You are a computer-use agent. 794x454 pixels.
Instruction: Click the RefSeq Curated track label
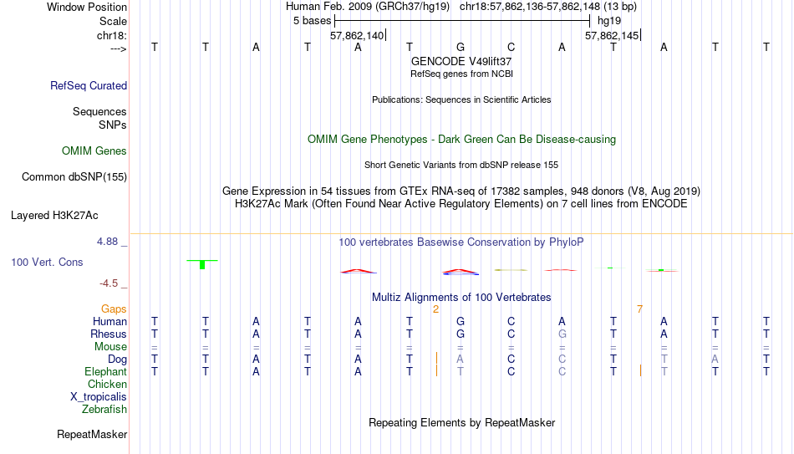(x=89, y=85)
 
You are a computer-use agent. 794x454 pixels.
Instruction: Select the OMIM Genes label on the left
(x=94, y=151)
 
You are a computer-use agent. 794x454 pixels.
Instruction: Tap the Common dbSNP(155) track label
(x=74, y=177)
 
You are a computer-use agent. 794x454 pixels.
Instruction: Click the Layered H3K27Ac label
(x=54, y=216)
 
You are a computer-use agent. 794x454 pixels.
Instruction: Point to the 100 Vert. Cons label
(x=47, y=262)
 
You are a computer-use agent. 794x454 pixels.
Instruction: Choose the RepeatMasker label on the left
(x=92, y=434)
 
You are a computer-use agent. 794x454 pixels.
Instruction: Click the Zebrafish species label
(x=104, y=409)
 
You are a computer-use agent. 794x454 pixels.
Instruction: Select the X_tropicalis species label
(x=99, y=397)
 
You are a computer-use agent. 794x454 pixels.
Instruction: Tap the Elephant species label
(x=105, y=372)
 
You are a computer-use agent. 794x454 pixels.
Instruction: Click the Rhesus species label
(x=109, y=334)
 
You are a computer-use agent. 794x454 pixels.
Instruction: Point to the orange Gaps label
(x=114, y=309)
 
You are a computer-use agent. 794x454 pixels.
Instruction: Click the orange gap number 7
(x=639, y=309)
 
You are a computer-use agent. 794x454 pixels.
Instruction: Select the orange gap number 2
(x=435, y=309)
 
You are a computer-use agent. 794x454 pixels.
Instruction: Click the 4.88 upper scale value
(x=107, y=242)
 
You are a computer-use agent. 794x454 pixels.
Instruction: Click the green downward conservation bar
(x=202, y=264)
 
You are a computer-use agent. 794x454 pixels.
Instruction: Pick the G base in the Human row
(x=461, y=321)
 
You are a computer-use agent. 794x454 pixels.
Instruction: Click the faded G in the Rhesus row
(x=562, y=334)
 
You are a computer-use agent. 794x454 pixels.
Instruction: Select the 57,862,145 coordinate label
(x=612, y=35)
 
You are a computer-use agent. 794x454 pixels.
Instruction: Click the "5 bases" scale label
(x=312, y=21)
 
